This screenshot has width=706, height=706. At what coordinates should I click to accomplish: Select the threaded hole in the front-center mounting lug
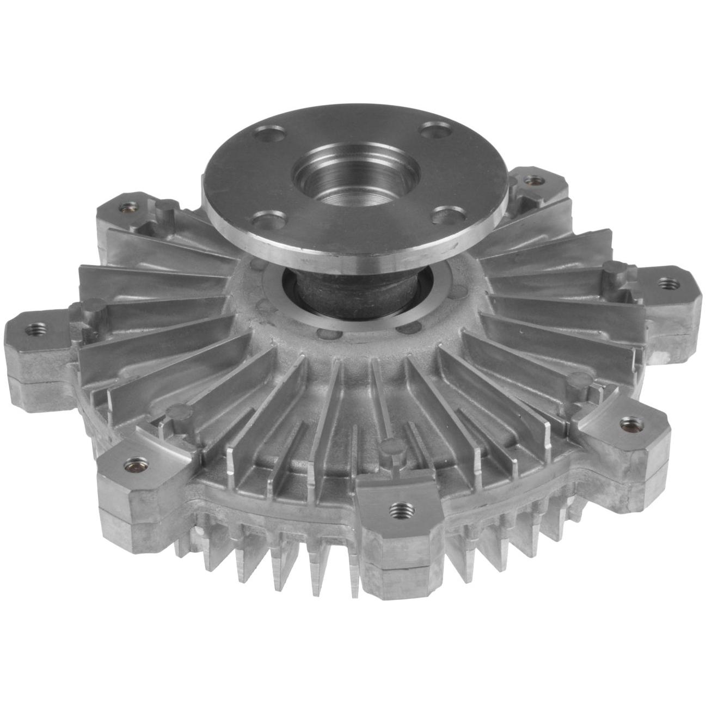(399, 508)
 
